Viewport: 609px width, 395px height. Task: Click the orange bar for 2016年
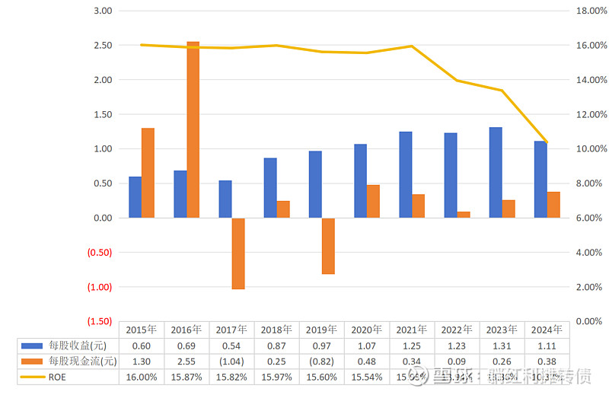click(x=193, y=129)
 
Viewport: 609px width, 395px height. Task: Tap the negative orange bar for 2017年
click(x=238, y=253)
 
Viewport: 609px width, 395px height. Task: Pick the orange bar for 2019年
click(x=328, y=246)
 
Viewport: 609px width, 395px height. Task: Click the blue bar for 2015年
click(x=135, y=197)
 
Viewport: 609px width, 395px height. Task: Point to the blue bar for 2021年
click(x=406, y=175)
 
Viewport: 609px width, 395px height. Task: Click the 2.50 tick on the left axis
click(x=102, y=46)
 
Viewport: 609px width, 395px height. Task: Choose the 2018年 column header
click(x=276, y=330)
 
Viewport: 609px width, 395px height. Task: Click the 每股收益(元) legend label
click(x=81, y=346)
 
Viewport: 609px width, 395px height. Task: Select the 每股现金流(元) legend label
click(x=83, y=361)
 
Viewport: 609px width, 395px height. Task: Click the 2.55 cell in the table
click(x=187, y=361)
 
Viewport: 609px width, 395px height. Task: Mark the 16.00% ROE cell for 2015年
click(x=142, y=376)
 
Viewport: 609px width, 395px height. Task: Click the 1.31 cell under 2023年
click(x=501, y=346)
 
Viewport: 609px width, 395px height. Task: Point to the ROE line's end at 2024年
click(x=547, y=142)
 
